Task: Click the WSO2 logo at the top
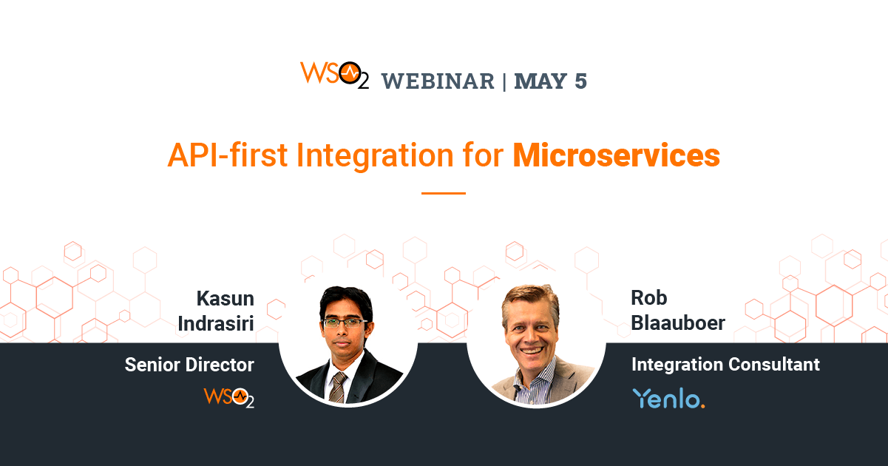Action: pyautogui.click(x=333, y=75)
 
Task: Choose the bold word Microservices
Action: pyautogui.click(x=616, y=156)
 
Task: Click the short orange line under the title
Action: pyautogui.click(x=444, y=193)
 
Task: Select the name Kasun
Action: pyautogui.click(x=225, y=298)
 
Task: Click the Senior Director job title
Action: pyautogui.click(x=189, y=365)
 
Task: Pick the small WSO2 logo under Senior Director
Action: pyautogui.click(x=228, y=397)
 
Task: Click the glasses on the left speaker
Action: pyautogui.click(x=345, y=322)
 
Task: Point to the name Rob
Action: pyautogui.click(x=648, y=298)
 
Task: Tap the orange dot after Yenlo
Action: pyautogui.click(x=702, y=405)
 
